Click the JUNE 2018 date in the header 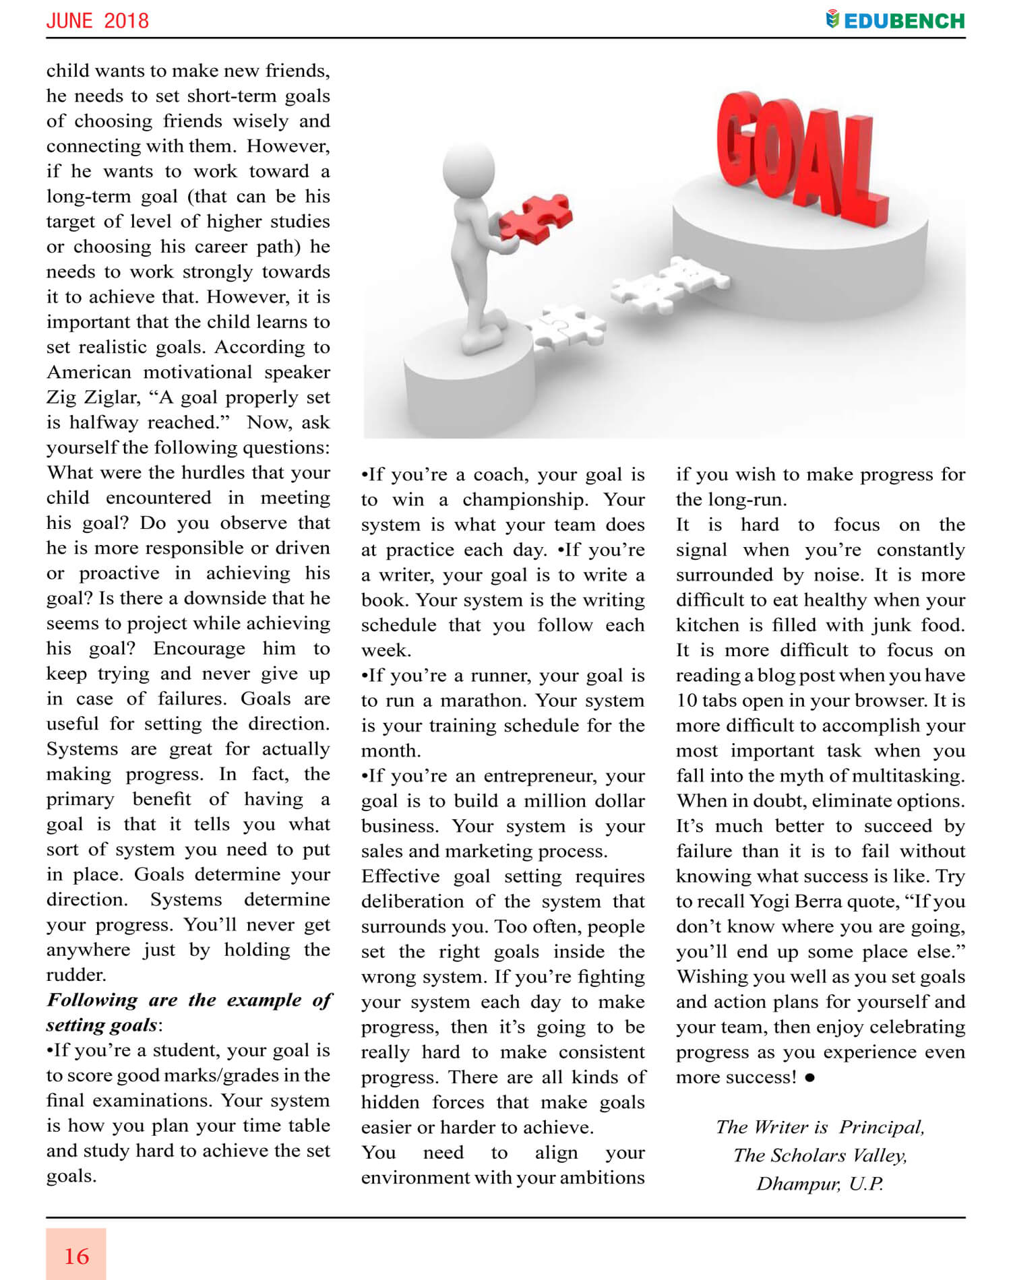tap(98, 21)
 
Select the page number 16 tap(76, 1256)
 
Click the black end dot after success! tap(809, 1078)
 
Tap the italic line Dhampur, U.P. tap(820, 1184)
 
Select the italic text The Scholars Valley tap(820, 1155)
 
